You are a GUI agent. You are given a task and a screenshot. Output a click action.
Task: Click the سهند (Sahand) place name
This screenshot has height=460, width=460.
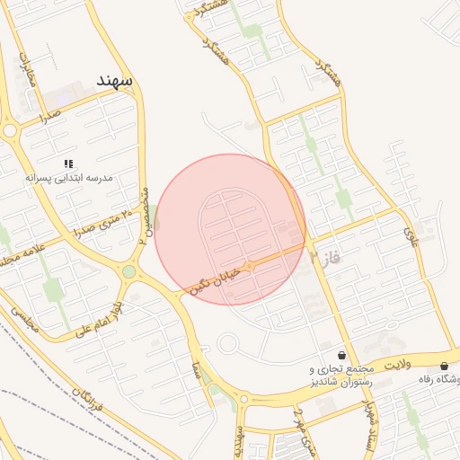coord(117,81)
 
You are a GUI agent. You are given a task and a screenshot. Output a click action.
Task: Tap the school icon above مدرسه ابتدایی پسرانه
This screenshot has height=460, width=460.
coord(68,164)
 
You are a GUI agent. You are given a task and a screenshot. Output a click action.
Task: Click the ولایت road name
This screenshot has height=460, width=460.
coord(397,367)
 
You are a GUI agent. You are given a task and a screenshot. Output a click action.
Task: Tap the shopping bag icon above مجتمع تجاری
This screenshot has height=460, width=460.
coord(341,355)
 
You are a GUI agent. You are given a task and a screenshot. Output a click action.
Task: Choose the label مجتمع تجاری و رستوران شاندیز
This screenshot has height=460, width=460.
coord(341,376)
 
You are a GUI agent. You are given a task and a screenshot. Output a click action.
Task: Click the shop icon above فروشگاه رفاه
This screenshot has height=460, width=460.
coord(445,366)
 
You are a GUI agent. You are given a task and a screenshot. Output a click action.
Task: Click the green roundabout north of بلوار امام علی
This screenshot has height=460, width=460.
coord(129,271)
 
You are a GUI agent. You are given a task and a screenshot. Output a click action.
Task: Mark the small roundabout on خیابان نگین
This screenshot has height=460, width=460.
coord(250,266)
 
